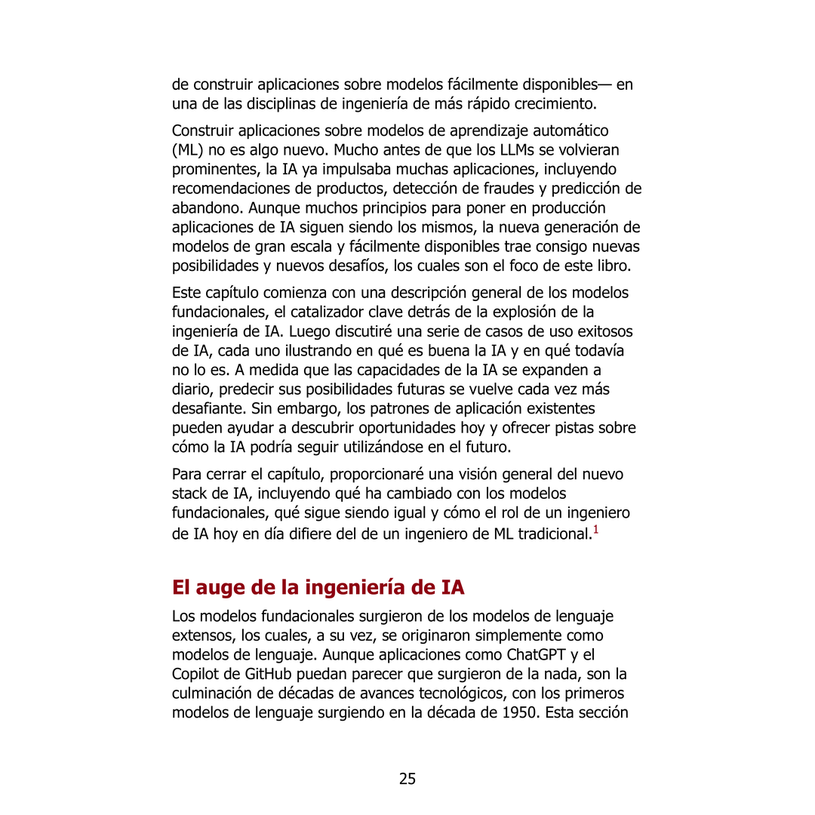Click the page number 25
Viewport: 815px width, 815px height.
click(407, 779)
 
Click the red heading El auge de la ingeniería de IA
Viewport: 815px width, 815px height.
click(318, 587)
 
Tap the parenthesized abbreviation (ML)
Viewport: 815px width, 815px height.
click(186, 150)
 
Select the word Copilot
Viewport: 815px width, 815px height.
click(198, 674)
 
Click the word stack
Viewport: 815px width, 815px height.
click(189, 494)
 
